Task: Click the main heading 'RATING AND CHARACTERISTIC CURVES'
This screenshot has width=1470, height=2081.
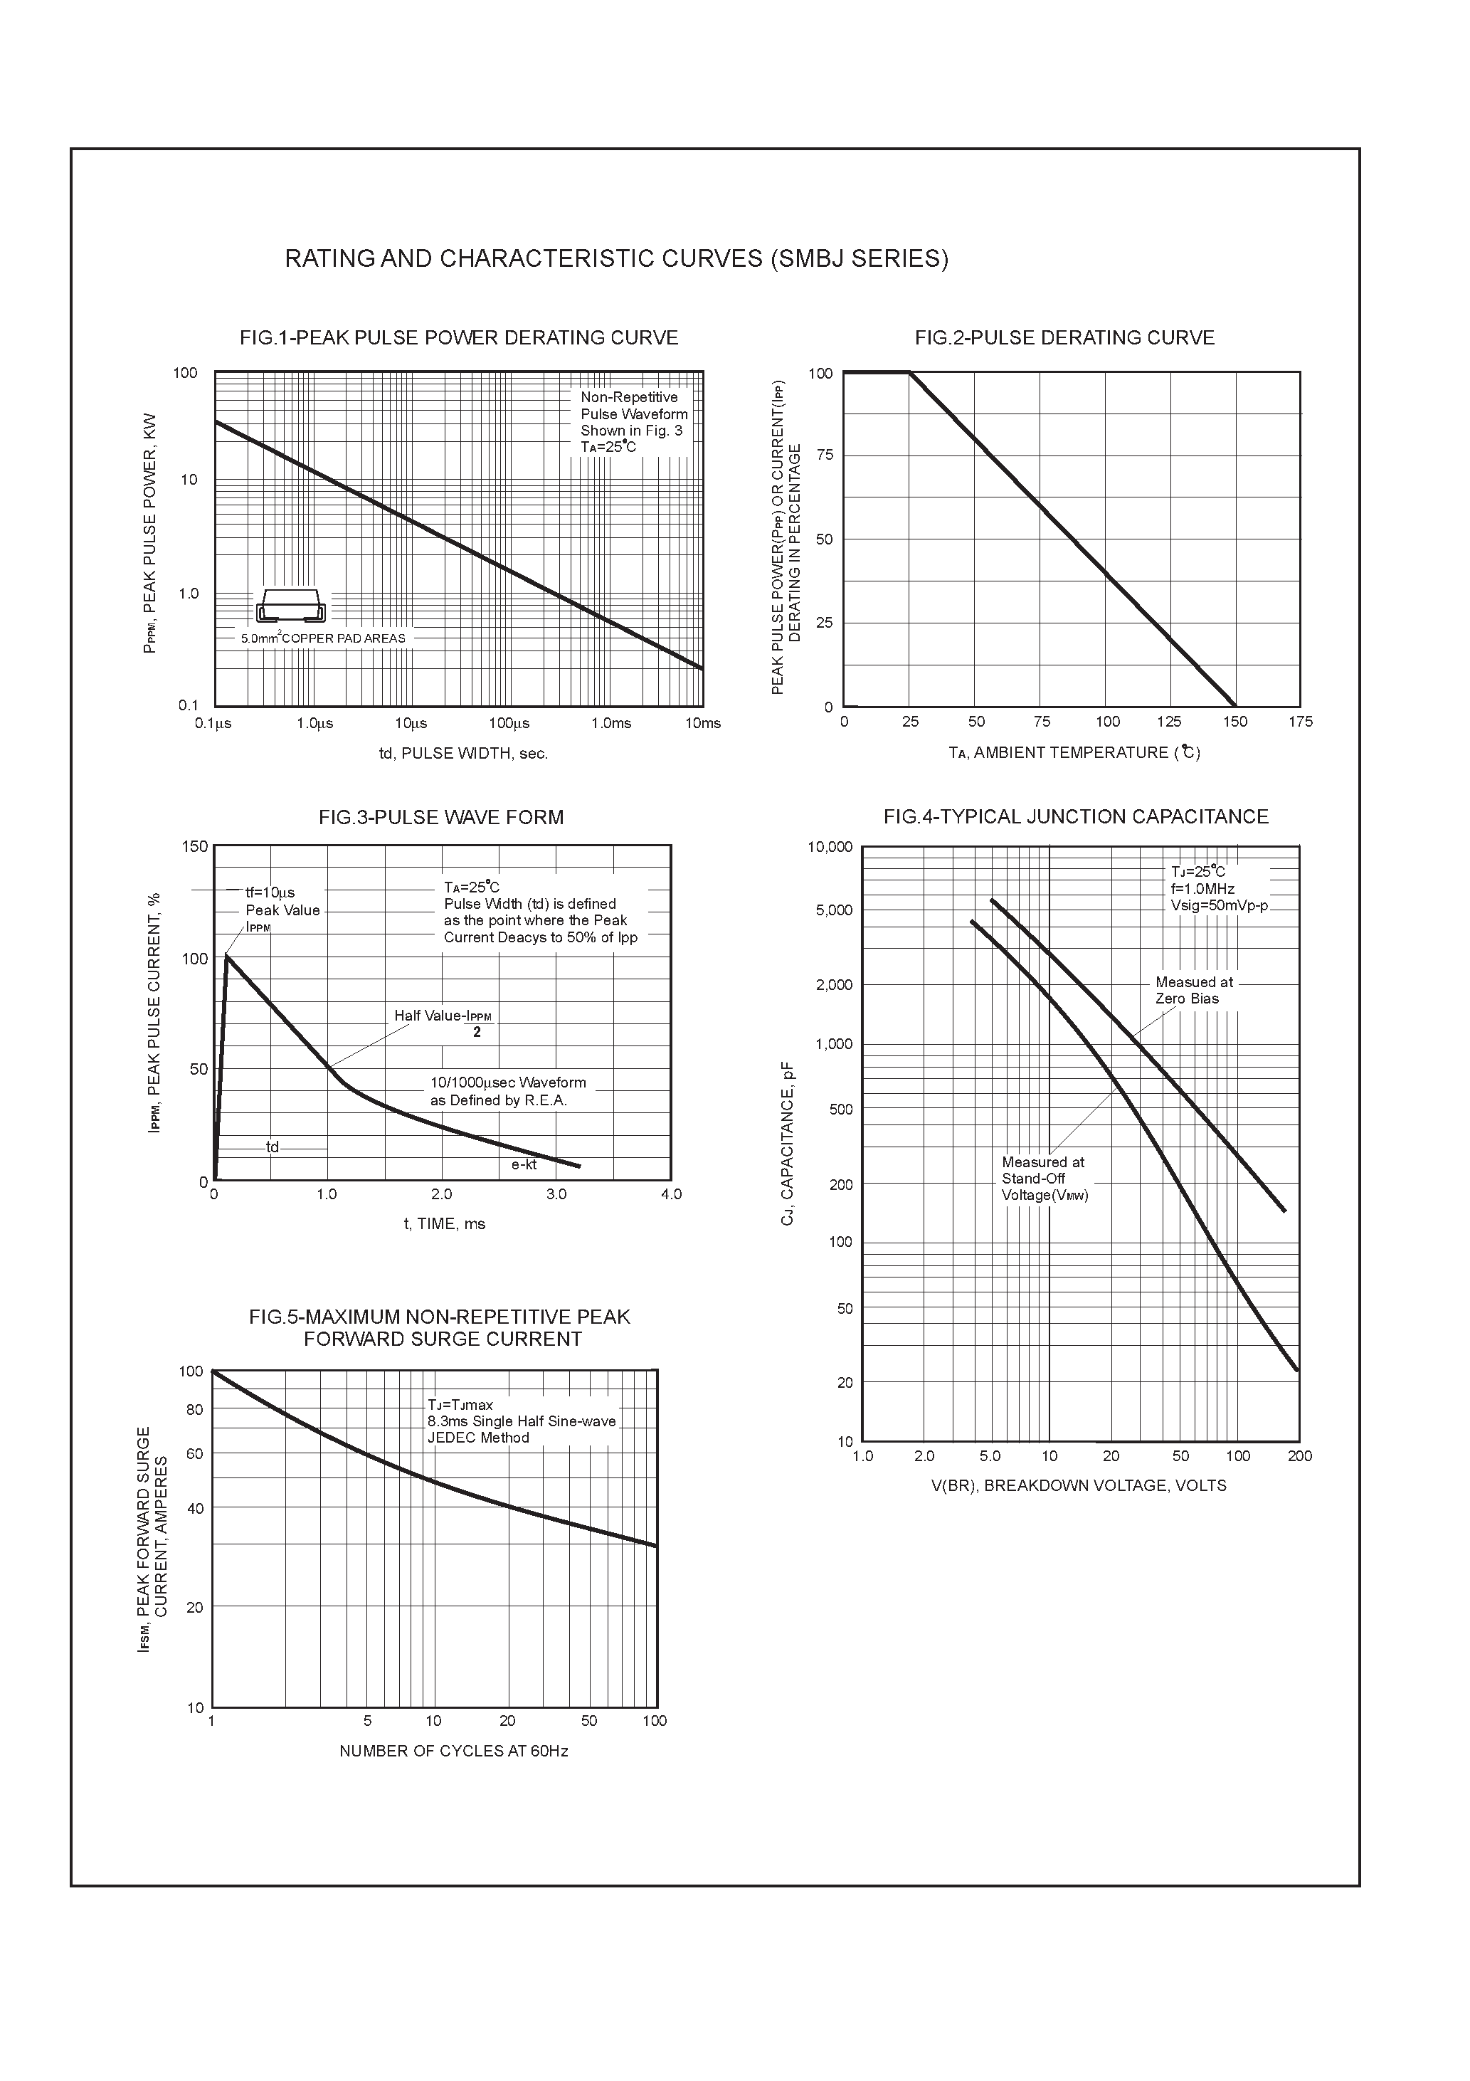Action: coord(616,259)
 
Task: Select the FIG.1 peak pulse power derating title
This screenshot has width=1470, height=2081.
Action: coord(459,338)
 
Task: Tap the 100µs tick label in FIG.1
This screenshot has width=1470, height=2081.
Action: coord(509,723)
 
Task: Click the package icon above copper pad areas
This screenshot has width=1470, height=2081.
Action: coord(290,606)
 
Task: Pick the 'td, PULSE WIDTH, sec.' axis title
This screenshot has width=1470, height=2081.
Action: coord(463,753)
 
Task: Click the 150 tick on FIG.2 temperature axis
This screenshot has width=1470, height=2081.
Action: coord(1234,722)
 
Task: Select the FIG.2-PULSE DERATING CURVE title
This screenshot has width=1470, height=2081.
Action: coord(1064,338)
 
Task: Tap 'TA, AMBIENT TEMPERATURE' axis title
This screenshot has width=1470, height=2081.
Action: coord(1074,752)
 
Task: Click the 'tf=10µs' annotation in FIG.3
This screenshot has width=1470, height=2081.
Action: coord(270,892)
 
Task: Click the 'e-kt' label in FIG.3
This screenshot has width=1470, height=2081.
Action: coord(524,1164)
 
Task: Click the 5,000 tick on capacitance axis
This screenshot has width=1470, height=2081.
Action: coord(834,910)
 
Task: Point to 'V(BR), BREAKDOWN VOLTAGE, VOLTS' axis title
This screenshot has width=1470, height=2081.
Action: coord(1079,1485)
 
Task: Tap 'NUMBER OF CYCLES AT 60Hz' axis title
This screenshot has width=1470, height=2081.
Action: coord(453,1751)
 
